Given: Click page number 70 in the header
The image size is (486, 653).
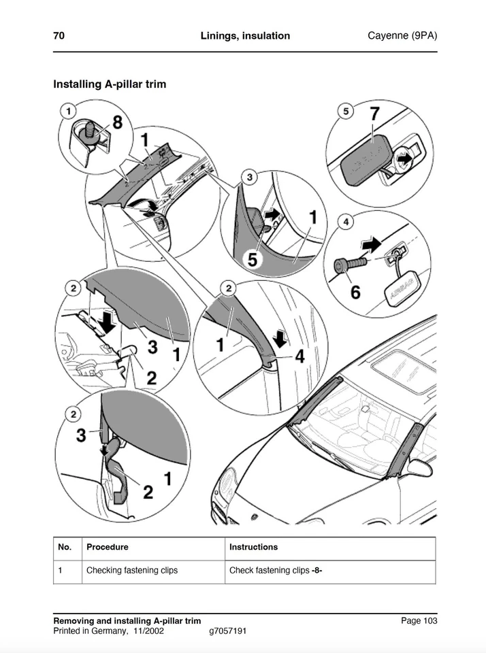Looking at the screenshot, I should pyautogui.click(x=59, y=36).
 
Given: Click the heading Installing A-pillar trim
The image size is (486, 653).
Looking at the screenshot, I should pyautogui.click(x=110, y=84).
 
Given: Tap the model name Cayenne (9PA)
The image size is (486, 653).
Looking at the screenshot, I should pyautogui.click(x=402, y=36).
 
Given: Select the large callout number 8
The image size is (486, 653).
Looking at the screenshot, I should pyautogui.click(x=117, y=122).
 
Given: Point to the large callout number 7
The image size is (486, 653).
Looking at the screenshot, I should pyautogui.click(x=374, y=114).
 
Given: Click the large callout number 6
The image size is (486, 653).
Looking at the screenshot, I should pyautogui.click(x=355, y=292).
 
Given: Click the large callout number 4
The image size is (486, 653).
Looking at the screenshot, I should pyautogui.click(x=299, y=355).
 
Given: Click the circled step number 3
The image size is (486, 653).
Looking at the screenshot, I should pyautogui.click(x=250, y=178).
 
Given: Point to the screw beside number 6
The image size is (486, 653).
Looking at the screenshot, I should pyautogui.click(x=349, y=264).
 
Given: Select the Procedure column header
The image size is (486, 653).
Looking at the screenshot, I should pyautogui.click(x=107, y=547).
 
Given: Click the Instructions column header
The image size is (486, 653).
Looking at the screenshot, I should pyautogui.click(x=253, y=547).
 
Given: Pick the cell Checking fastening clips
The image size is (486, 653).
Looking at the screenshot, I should pyautogui.click(x=131, y=570).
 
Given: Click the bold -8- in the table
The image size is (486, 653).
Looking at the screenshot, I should pyautogui.click(x=317, y=570).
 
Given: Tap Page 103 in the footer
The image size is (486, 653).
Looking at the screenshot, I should pyautogui.click(x=419, y=620).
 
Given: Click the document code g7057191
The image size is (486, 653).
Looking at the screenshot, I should pyautogui.click(x=227, y=631).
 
